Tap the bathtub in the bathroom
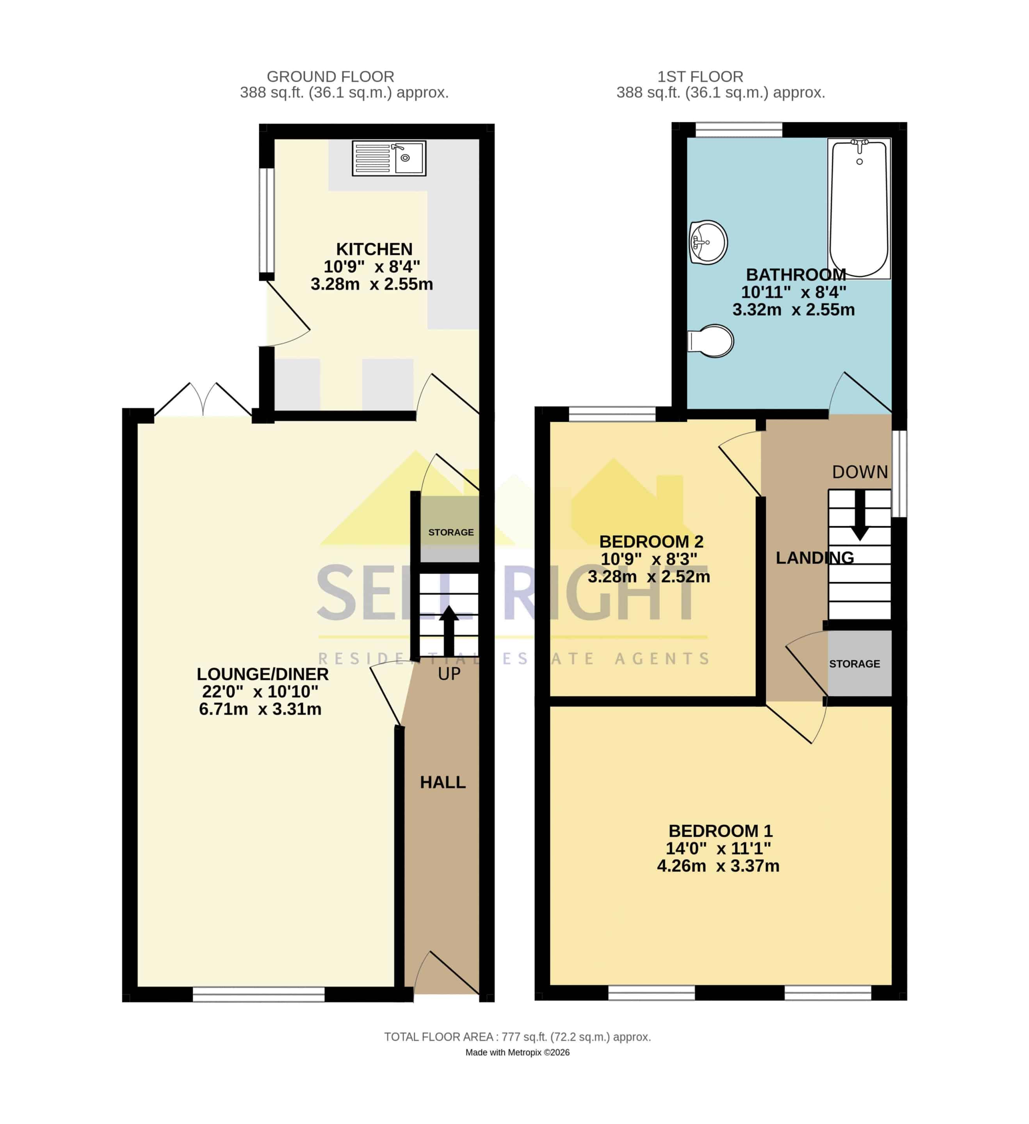859,208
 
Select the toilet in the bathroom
710,341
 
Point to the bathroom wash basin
708,242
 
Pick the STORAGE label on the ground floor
450,532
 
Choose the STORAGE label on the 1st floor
855,664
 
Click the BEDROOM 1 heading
721,831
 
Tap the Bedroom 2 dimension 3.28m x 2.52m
649,576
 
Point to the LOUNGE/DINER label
263,674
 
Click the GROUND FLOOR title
330,76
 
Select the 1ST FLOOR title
700,76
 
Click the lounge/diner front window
259,994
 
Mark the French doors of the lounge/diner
203,399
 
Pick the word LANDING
815,558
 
